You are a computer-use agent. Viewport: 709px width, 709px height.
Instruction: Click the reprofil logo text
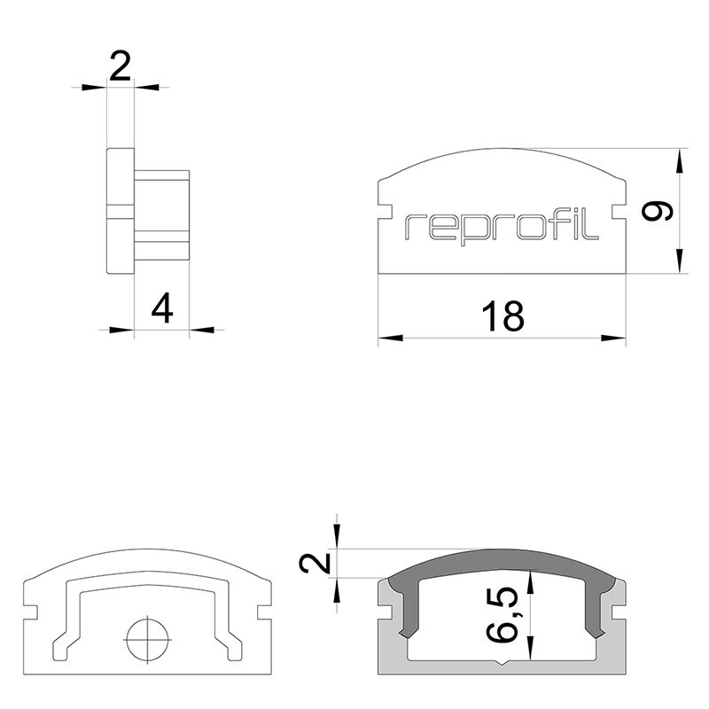(501, 229)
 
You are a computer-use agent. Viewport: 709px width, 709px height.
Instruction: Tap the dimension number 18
(503, 316)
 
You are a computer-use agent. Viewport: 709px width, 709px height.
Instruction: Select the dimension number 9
(658, 211)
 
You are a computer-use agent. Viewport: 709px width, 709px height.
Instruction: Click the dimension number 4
(162, 308)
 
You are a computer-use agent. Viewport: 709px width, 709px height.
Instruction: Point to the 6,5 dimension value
(503, 614)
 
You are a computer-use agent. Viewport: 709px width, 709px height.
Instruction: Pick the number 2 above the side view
(121, 66)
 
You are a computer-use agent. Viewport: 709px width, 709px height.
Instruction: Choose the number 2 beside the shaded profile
(316, 563)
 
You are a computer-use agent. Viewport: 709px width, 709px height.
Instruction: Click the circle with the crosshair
(147, 639)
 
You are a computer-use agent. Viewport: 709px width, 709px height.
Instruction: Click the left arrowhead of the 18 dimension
(390, 338)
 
